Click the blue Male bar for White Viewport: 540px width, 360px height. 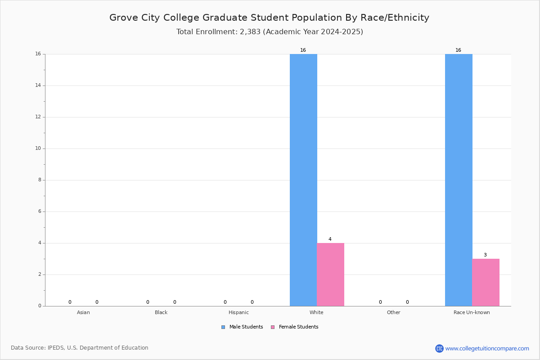tap(303, 180)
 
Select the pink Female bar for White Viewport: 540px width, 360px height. tap(330, 274)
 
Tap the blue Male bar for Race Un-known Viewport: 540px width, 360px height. tap(459, 180)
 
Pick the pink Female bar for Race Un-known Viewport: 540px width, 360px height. tap(486, 283)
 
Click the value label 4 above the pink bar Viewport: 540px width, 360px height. tap(330, 239)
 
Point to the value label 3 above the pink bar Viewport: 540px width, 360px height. tap(485, 255)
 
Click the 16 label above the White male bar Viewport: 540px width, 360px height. tap(303, 50)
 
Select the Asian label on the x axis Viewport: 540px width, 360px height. tap(83, 312)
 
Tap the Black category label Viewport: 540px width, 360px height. tap(161, 312)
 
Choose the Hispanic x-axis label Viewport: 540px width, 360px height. tap(238, 312)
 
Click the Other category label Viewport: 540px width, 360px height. tap(394, 312)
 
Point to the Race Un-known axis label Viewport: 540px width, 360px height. tap(472, 312)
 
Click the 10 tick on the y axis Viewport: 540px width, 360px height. tap(38, 148)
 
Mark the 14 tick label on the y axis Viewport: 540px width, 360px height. tap(38, 85)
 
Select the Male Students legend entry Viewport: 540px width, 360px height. tap(242, 327)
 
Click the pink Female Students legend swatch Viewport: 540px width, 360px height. tap(273, 327)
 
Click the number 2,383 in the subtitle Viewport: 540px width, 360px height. tap(250, 31)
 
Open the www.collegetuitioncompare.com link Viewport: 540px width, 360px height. tap(487, 348)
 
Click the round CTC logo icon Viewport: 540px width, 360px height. tap(439, 348)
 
